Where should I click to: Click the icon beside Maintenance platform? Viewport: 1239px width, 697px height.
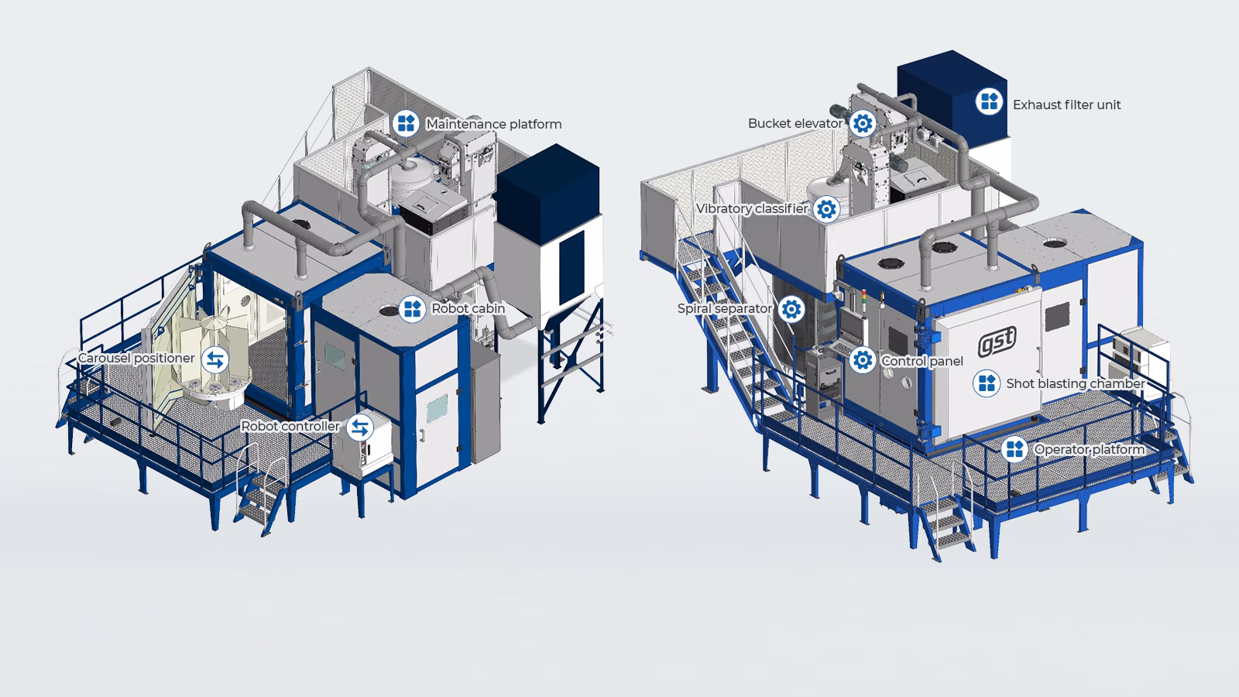(406, 123)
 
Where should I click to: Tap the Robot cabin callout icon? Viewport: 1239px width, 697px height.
(412, 308)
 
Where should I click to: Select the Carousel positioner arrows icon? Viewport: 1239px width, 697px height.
(215, 359)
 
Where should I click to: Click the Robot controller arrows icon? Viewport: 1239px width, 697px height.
(359, 427)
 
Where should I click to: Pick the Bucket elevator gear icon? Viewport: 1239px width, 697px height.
(862, 123)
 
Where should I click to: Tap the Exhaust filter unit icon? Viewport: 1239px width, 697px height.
(989, 101)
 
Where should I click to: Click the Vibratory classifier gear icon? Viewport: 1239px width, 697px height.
(827, 209)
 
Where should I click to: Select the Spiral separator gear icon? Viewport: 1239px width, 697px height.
(791, 309)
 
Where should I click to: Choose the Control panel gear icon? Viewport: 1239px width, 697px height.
(862, 360)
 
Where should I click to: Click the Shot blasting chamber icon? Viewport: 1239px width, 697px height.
(986, 383)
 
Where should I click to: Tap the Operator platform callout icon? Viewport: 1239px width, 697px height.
(1014, 449)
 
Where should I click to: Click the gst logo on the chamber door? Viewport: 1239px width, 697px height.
(997, 342)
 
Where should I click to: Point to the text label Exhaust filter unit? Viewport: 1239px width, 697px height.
(1066, 105)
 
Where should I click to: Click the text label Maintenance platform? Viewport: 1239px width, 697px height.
(493, 124)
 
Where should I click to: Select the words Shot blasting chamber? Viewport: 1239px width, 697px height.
(1075, 383)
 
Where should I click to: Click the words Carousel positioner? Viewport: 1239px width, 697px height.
(136, 359)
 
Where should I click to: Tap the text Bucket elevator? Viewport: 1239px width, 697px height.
(795, 123)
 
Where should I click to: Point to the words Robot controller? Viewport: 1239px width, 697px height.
(290, 427)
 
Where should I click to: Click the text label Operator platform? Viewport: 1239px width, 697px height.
(1089, 450)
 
